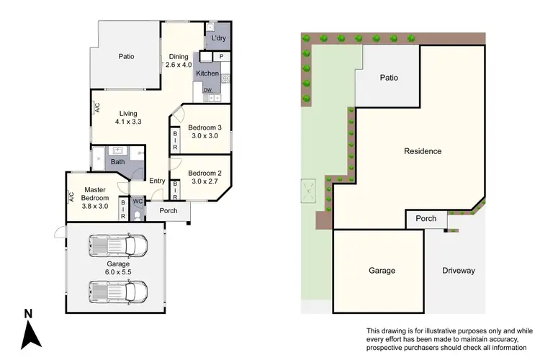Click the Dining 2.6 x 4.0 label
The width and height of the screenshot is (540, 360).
tap(178, 61)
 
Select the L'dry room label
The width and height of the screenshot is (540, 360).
tap(218, 38)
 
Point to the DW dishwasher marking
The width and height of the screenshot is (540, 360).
tap(207, 90)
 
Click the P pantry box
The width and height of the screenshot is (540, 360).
tap(222, 56)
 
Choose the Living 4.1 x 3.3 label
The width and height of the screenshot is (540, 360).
tap(128, 117)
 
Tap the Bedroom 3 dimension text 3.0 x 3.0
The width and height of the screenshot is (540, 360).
tap(205, 135)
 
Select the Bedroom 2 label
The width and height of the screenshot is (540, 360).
tap(205, 173)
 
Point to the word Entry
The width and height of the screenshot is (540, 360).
tap(157, 181)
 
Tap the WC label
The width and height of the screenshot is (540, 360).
tap(138, 202)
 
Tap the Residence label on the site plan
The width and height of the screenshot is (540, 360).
tap(423, 151)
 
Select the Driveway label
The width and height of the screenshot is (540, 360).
tap(459, 271)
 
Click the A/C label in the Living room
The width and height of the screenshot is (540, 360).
tap(96, 108)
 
